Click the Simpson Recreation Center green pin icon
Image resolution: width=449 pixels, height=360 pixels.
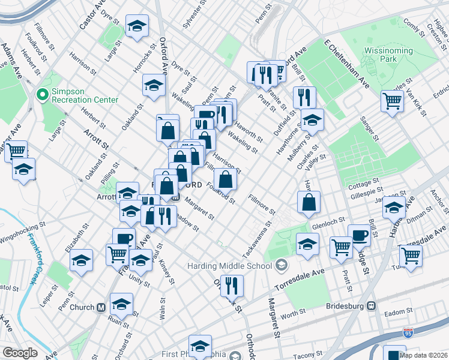pos(42,95)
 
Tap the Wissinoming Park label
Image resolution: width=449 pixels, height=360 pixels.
pos(388,56)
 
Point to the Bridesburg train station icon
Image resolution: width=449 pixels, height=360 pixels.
pos(372,305)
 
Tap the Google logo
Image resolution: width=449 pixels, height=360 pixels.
pos(20,352)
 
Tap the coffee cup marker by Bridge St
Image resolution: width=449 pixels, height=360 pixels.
pos(359,235)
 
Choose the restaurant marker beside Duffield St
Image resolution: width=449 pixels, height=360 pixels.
pos(304,97)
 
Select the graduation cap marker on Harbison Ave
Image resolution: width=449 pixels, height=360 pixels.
pos(394,208)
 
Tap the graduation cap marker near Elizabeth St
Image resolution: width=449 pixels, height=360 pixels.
pos(81,260)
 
